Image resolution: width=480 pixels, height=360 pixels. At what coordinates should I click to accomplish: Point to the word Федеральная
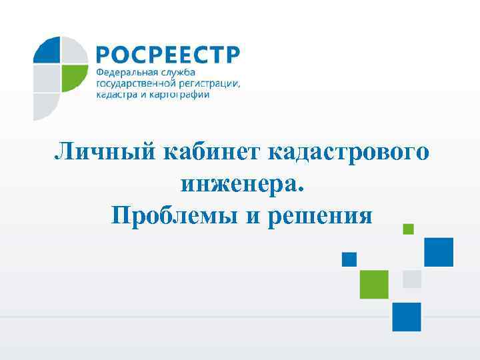pyautogui.click(x=127, y=71)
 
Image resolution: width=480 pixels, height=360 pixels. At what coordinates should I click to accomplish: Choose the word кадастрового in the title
pyautogui.click(x=349, y=152)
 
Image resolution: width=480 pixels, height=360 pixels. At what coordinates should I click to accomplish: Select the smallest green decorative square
pyautogui.click(x=409, y=229)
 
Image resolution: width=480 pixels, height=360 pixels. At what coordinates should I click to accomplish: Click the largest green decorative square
pyautogui.click(x=374, y=284)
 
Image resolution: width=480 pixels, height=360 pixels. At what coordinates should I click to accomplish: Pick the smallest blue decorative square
pyautogui.click(x=349, y=259)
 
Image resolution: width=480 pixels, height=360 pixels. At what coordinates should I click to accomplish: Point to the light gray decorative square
pyautogui.click(x=412, y=279)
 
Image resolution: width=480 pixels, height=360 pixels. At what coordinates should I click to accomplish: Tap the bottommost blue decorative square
pyautogui.click(x=407, y=317)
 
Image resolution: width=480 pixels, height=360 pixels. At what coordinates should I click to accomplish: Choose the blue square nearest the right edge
pyautogui.click(x=439, y=252)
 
